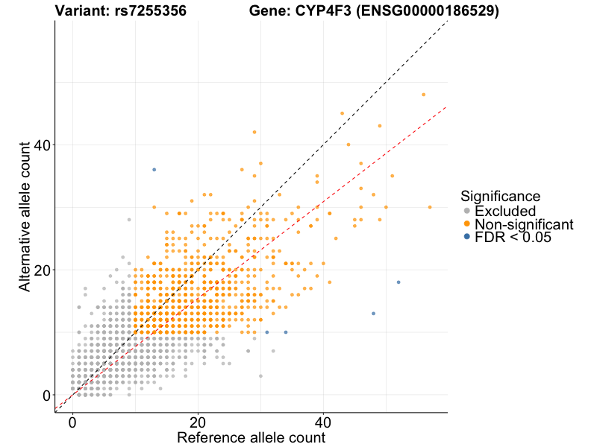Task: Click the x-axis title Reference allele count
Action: click(x=251, y=437)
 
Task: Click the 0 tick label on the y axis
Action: click(x=46, y=395)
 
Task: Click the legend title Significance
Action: click(x=501, y=196)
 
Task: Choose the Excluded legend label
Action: click(x=505, y=211)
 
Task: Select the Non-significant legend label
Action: click(x=524, y=224)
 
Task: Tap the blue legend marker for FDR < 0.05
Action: click(x=467, y=237)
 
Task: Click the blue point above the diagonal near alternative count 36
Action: click(x=154, y=170)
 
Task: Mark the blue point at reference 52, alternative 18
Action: click(x=398, y=282)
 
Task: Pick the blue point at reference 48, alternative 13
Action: click(x=373, y=314)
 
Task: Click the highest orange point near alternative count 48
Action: click(x=423, y=95)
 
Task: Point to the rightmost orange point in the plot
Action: click(x=430, y=207)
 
